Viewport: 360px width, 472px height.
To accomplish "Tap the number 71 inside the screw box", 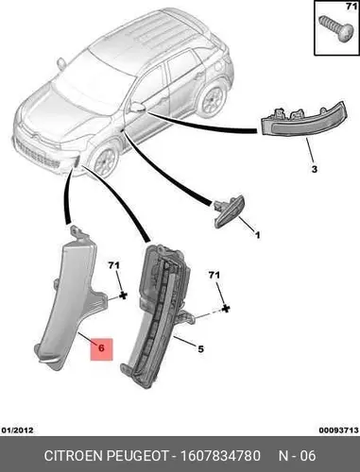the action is pyautogui.click(x=351, y=7).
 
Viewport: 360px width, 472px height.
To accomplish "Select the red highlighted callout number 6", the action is pyautogui.click(x=101, y=348).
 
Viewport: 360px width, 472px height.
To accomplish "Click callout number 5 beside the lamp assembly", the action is pyautogui.click(x=200, y=349).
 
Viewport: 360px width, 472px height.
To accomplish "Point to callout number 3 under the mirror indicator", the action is pyautogui.click(x=315, y=169).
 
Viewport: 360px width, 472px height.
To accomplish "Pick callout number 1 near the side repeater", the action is pyautogui.click(x=257, y=235).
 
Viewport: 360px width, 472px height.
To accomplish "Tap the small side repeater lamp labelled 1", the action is pyautogui.click(x=229, y=211).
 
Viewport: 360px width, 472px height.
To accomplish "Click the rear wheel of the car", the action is pyautogui.click(x=212, y=98).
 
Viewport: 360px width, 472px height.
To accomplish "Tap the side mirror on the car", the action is pyautogui.click(x=137, y=107).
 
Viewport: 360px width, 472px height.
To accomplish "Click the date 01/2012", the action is pyautogui.click(x=17, y=430).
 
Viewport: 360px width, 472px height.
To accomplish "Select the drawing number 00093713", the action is pyautogui.click(x=338, y=430).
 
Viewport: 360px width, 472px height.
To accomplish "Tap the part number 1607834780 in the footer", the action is pyautogui.click(x=220, y=456).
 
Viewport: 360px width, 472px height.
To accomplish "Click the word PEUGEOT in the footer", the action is pyautogui.click(x=137, y=456).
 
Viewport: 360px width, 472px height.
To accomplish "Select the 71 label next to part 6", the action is pyautogui.click(x=114, y=266).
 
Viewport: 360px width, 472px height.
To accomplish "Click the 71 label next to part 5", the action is pyautogui.click(x=214, y=276).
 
